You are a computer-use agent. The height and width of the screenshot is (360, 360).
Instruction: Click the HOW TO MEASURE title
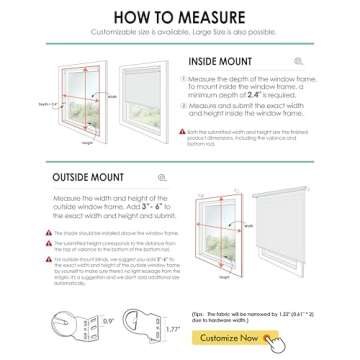[x=180, y=17]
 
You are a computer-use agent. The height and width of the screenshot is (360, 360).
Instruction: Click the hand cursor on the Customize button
[x=270, y=342]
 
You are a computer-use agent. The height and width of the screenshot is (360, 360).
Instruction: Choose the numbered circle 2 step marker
[x=191, y=103]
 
